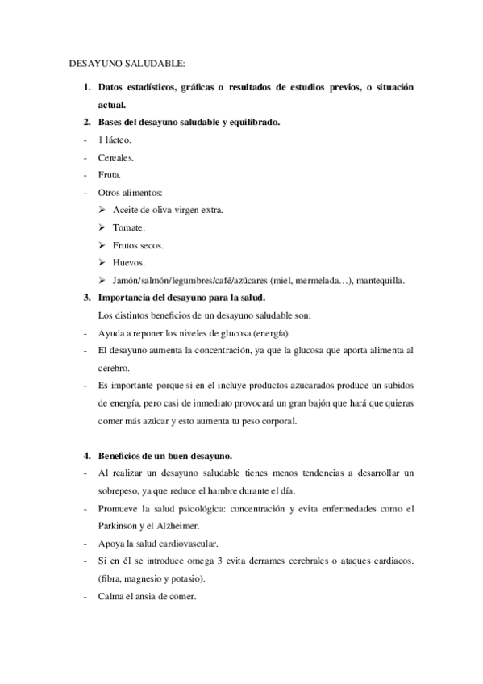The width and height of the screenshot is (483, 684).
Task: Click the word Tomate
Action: click(129, 227)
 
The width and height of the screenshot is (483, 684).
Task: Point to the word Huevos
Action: click(129, 263)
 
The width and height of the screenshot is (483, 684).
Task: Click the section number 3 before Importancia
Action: click(87, 298)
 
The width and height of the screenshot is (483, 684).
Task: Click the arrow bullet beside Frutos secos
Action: click(102, 245)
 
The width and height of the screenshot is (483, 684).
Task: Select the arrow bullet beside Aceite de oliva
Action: click(102, 210)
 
